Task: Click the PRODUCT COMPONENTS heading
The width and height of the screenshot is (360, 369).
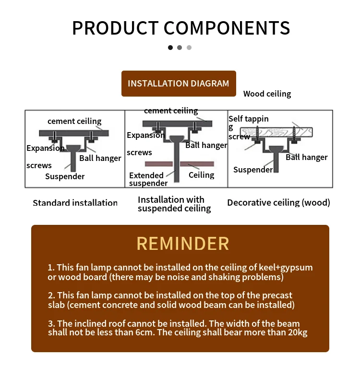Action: coord(180,28)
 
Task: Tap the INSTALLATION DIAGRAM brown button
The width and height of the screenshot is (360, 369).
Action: coord(179,84)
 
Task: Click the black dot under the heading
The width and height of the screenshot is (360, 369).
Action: coord(170,48)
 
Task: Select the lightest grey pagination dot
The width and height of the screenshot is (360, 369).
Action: coord(189,48)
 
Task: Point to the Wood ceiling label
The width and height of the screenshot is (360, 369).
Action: coord(267,94)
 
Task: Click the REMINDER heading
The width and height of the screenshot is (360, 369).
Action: coord(183,244)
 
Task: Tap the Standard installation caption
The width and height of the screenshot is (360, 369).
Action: coord(75,203)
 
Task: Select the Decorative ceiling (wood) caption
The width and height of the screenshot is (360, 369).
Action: coord(278,203)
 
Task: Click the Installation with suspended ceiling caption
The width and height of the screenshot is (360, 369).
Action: coord(174,204)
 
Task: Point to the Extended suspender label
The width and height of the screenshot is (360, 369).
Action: coord(148,179)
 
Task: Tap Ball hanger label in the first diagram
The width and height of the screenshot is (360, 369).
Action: coord(100,158)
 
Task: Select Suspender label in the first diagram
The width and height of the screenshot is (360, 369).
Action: coord(65,176)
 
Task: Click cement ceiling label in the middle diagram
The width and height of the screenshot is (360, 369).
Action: coord(170,111)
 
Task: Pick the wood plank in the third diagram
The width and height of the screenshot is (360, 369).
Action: coord(276,132)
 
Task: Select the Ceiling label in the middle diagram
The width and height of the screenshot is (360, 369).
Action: coord(201,175)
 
